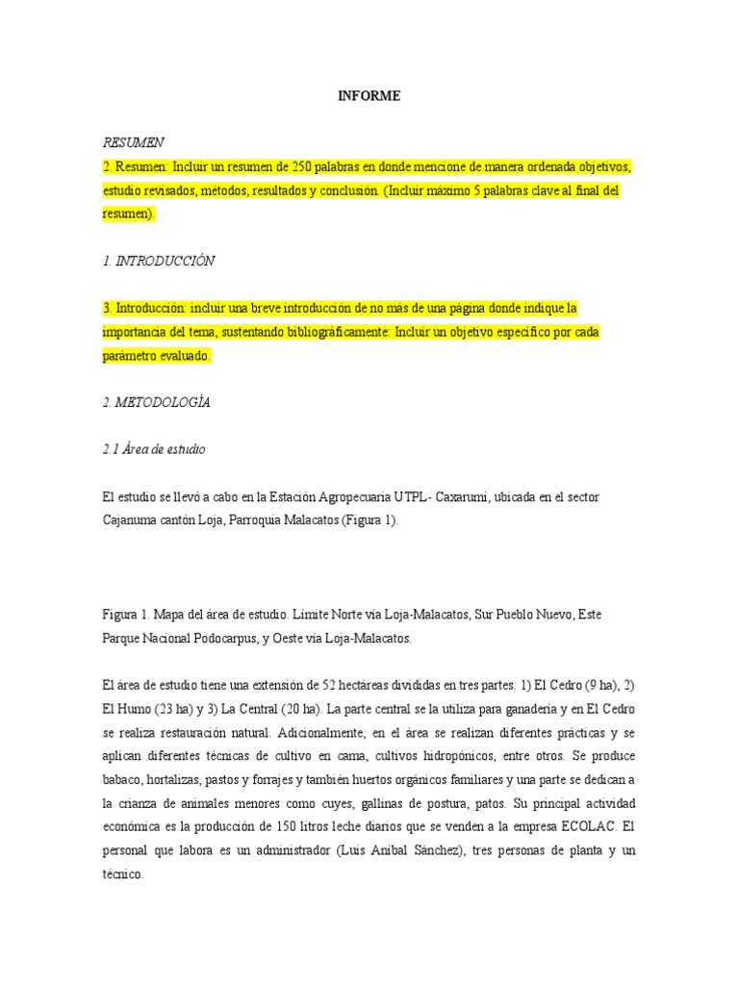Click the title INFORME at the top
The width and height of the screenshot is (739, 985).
[x=369, y=96]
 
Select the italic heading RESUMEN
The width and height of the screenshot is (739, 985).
[x=133, y=142]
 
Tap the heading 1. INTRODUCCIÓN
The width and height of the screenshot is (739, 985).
[x=159, y=261]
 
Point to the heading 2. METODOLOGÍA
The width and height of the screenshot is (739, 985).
[x=156, y=403]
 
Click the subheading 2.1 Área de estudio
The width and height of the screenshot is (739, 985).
[x=153, y=449]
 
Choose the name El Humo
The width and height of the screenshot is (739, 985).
[x=125, y=709]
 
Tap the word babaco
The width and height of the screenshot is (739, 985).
[x=123, y=780]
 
